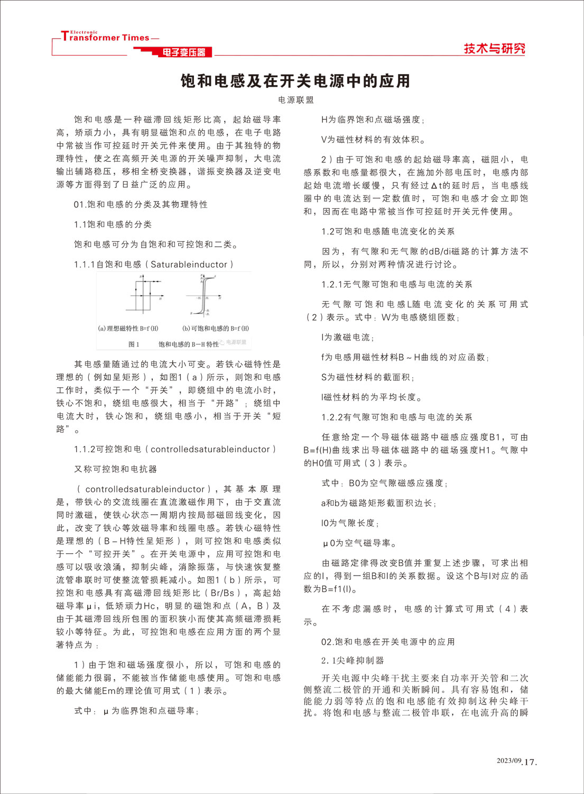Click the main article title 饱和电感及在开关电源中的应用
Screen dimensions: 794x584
click(295, 81)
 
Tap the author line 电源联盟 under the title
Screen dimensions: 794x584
click(296, 100)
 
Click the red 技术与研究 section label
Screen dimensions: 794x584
click(494, 49)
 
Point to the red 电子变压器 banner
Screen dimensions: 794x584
click(183, 52)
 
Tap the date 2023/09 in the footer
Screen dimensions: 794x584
click(509, 761)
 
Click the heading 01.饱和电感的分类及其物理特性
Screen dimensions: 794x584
click(141, 205)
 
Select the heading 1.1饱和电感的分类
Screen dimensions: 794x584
click(113, 224)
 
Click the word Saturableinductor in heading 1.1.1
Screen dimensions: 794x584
click(189, 264)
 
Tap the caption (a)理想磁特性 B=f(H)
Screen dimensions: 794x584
click(128, 328)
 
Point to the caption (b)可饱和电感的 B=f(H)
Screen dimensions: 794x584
click(215, 328)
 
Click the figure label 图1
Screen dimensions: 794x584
click(134, 344)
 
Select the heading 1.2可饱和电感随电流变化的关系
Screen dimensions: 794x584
click(388, 232)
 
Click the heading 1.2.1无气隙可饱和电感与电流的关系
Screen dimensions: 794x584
click(397, 285)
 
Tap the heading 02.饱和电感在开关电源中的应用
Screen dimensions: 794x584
click(388, 642)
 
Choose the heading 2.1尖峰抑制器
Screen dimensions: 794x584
click(353, 661)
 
